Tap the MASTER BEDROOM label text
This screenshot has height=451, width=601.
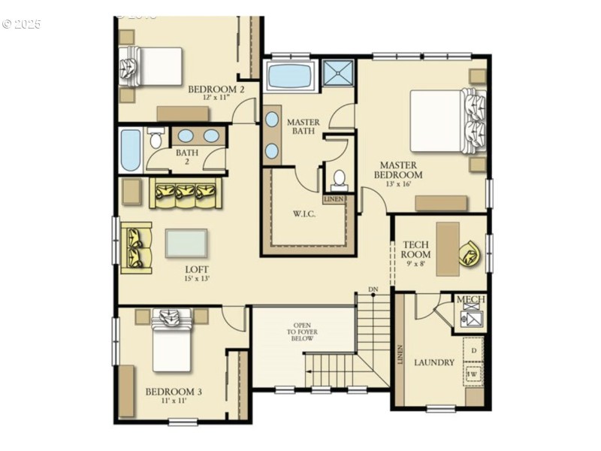(398, 170)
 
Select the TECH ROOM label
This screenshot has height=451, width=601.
(415, 250)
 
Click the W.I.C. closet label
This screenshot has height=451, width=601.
(304, 214)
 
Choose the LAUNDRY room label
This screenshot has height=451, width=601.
(434, 362)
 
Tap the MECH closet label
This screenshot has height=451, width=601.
(471, 300)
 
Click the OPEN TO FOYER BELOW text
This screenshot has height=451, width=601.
(301, 333)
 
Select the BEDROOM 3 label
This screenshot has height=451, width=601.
(174, 395)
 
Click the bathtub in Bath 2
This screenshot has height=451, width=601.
(130, 150)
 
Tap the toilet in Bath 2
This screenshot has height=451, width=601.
(156, 139)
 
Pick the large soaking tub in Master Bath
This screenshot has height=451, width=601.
(290, 77)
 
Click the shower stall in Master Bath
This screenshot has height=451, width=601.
(338, 74)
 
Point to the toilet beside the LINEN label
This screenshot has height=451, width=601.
(339, 179)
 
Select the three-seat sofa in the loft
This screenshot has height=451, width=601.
(186, 194)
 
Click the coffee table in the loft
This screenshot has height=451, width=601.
(186, 243)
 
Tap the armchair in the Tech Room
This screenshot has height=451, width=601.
(471, 253)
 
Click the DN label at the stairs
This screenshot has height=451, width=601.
(373, 289)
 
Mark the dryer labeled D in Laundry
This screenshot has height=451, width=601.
(473, 351)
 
